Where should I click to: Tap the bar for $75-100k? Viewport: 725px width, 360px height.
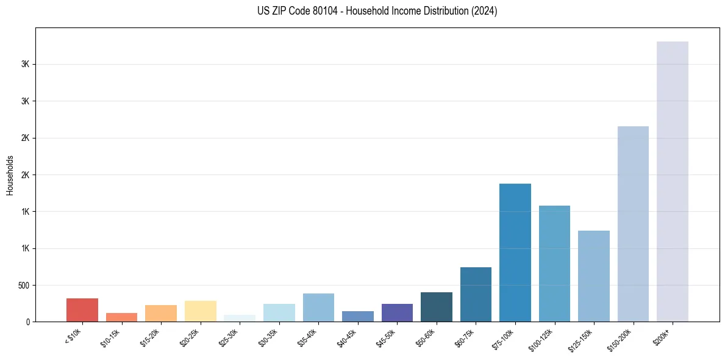pyautogui.click(x=515, y=253)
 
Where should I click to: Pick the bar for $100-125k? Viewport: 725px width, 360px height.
pyautogui.click(x=554, y=264)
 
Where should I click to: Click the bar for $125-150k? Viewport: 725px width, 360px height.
pyautogui.click(x=593, y=276)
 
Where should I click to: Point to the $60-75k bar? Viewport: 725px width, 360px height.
pyautogui.click(x=476, y=294)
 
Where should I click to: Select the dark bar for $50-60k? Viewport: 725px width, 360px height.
pyautogui.click(x=436, y=307)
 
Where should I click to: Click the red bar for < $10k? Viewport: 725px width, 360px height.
pyautogui.click(x=82, y=310)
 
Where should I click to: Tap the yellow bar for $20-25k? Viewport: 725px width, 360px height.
pyautogui.click(x=200, y=311)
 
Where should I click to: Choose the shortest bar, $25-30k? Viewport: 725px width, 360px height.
pyautogui.click(x=240, y=319)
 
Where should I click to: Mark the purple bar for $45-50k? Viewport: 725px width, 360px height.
pyautogui.click(x=397, y=312)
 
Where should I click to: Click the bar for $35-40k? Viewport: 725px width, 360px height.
pyautogui.click(x=318, y=308)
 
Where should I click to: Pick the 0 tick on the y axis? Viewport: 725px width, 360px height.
pyautogui.click(x=27, y=322)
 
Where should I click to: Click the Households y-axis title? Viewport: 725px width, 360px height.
pyautogui.click(x=10, y=175)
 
